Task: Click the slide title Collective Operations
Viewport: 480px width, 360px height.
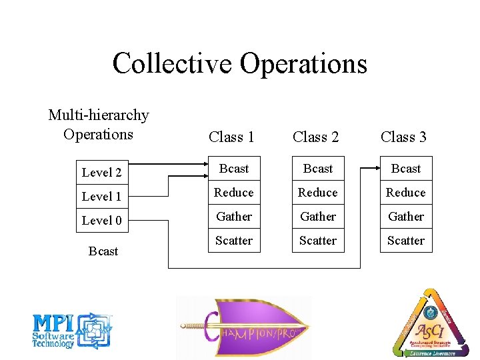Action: point(240,64)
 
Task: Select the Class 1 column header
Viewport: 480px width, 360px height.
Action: point(231,137)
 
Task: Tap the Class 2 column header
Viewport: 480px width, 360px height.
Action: point(315,137)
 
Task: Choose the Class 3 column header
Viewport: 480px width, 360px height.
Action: point(403,137)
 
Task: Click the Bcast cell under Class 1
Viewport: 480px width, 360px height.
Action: point(233,169)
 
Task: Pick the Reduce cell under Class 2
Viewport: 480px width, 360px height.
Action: point(318,193)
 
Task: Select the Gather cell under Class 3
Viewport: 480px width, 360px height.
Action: point(406,217)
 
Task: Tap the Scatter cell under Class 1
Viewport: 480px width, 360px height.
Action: point(233,241)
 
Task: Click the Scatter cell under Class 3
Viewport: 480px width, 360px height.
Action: point(406,241)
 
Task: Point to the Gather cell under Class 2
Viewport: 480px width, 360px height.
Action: point(318,217)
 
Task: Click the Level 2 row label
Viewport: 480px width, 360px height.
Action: point(101,173)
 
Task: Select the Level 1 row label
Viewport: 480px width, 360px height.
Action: point(101,197)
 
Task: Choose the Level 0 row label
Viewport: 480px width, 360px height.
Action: point(101,221)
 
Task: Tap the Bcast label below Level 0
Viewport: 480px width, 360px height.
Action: point(103,251)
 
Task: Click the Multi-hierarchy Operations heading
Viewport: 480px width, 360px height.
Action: point(99,125)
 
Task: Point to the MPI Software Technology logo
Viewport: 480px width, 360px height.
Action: point(72,331)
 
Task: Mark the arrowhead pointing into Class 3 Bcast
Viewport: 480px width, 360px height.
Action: point(376,169)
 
